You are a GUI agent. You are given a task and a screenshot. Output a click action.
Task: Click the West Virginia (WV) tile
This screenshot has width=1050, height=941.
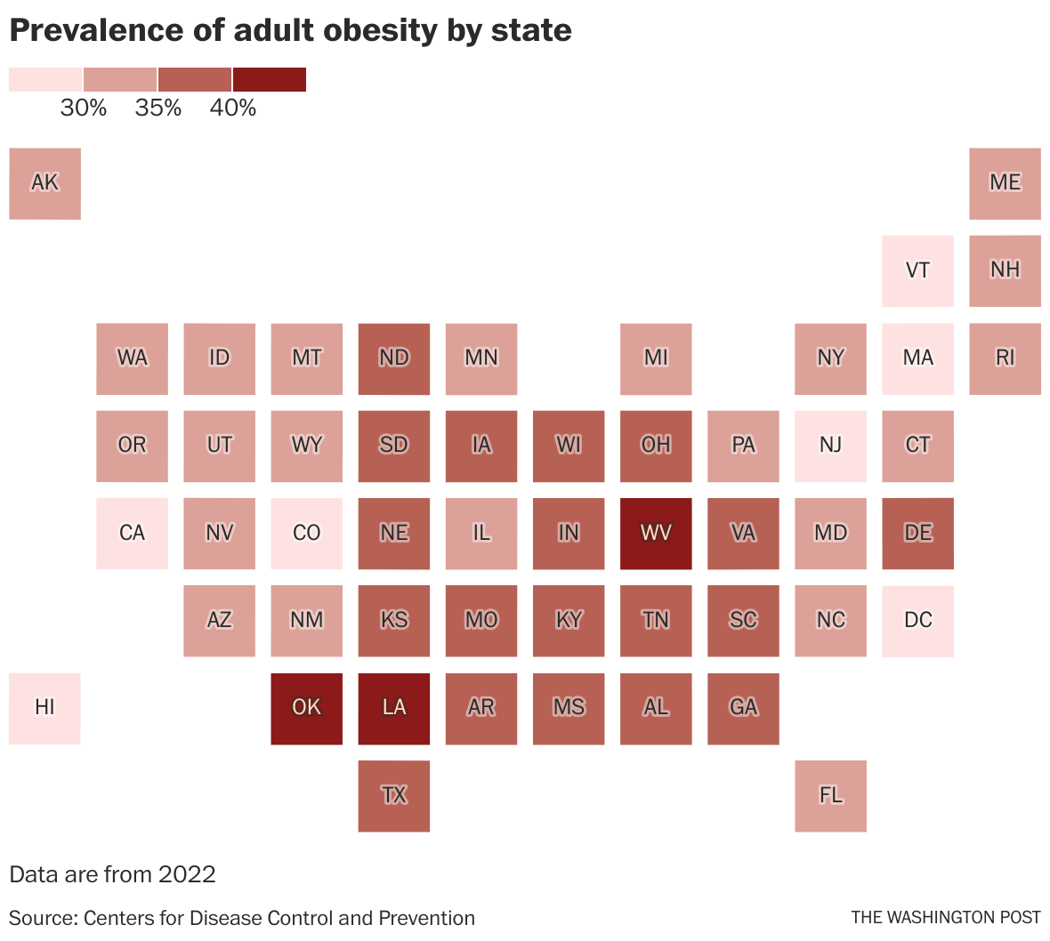point(656,533)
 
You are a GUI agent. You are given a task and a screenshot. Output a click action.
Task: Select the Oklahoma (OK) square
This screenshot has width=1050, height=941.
point(306,708)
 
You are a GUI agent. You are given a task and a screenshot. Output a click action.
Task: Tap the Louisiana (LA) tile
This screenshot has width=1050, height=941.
point(394,708)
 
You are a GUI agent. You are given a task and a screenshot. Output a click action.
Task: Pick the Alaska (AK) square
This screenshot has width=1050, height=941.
point(44,183)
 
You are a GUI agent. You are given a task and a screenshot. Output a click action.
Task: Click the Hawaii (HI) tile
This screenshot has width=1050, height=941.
point(44,708)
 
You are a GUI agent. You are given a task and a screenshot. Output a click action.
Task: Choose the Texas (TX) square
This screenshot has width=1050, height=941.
point(394,795)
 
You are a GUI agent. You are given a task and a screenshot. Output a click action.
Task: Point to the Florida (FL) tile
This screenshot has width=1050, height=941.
point(830,795)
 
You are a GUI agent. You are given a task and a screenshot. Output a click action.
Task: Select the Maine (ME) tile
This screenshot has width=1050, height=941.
point(1005,183)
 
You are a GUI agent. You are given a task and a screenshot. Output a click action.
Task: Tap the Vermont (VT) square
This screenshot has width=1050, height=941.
point(917,270)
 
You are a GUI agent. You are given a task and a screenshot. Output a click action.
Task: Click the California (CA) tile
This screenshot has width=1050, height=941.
point(132,533)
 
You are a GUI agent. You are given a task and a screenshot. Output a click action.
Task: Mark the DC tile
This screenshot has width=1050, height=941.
point(917,621)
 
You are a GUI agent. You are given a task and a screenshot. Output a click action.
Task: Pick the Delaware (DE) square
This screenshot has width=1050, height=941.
point(917,533)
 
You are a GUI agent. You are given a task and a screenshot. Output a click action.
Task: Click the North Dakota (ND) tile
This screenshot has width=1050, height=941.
point(394,358)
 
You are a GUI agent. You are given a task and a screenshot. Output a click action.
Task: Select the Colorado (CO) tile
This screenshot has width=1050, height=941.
point(306,533)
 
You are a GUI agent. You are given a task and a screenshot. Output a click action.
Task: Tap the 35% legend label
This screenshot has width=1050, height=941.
point(158,109)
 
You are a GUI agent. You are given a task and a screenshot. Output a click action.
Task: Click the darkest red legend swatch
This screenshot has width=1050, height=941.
point(270,79)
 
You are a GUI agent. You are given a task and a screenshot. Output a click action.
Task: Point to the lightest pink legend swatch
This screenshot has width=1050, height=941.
point(45,79)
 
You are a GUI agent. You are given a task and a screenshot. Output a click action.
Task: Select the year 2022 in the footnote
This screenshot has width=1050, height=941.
point(187,874)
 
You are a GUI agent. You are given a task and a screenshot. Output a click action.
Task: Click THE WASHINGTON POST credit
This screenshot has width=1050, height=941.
point(945,917)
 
